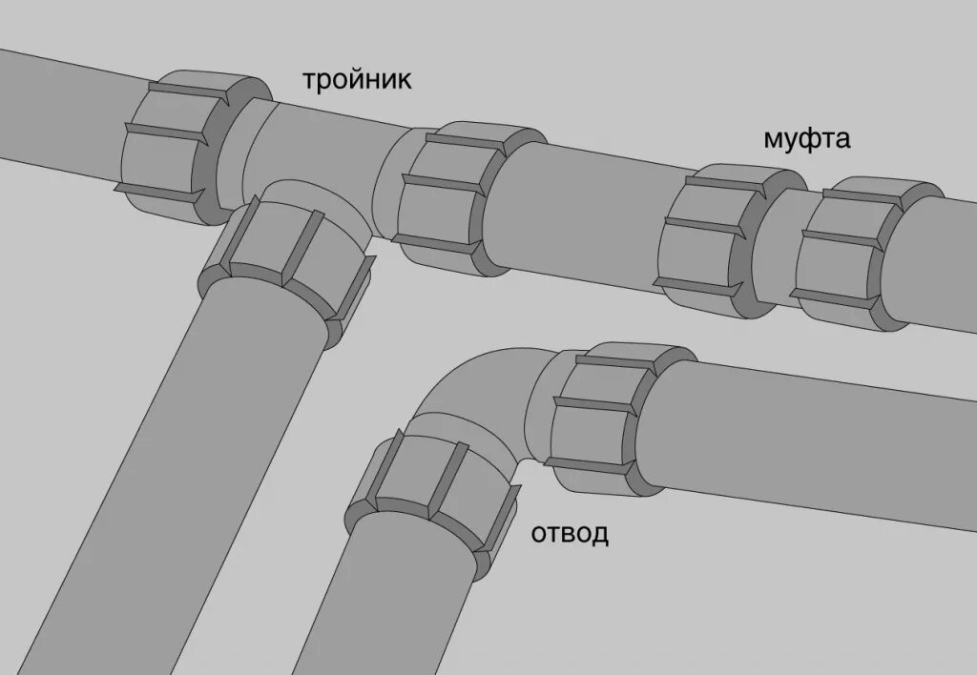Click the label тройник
click(357, 80)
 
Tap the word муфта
click(806, 139)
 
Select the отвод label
click(569, 533)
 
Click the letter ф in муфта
click(806, 140)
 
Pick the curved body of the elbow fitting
click(477, 400)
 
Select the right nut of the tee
click(444, 195)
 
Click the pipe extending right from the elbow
click(811, 439)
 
